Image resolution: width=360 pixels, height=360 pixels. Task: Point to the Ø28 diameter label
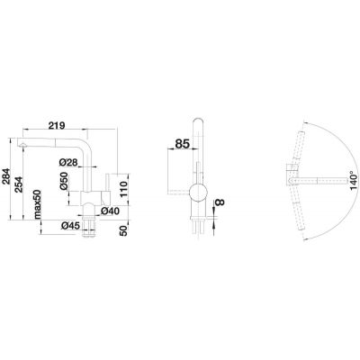[70, 162]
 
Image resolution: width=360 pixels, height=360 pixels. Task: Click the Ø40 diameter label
[110, 211]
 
